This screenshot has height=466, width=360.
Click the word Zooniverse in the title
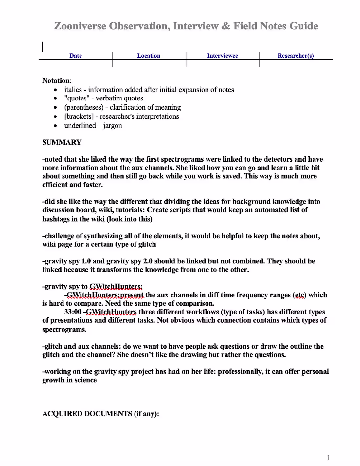80,26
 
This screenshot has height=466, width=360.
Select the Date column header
76,56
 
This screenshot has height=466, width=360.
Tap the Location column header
149,56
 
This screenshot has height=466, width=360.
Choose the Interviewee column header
223,56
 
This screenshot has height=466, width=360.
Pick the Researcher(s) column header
296,56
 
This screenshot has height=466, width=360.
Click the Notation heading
56,81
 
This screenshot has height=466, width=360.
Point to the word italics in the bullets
73,90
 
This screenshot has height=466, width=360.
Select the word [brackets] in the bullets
79,116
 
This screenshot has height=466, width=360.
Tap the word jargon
112,126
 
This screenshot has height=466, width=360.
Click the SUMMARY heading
62,142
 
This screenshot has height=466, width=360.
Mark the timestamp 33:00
73,312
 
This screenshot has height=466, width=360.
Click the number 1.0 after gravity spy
86,261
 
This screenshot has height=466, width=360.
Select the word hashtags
56,219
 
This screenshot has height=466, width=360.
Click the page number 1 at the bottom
328,458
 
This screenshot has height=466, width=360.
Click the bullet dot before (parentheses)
55,108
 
